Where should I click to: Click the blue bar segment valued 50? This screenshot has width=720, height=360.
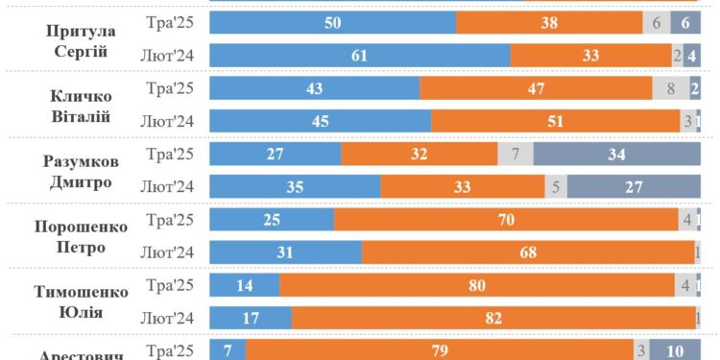(332, 23)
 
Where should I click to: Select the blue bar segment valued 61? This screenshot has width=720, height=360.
(359, 56)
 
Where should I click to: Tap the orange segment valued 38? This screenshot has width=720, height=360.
(549, 23)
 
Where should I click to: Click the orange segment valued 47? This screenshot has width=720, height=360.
(535, 88)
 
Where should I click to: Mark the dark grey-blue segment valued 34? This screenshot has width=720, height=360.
(616, 154)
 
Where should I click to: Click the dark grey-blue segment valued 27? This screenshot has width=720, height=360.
(634, 186)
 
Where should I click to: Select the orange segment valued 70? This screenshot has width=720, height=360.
(506, 219)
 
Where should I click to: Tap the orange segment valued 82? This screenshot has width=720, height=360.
(493, 317)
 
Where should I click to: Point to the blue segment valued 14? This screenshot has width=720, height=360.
(244, 284)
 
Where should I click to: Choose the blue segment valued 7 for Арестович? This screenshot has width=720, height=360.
(228, 349)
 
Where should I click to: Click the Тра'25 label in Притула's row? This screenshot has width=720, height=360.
(169, 23)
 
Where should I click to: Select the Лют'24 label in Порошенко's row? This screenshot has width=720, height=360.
(169, 252)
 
